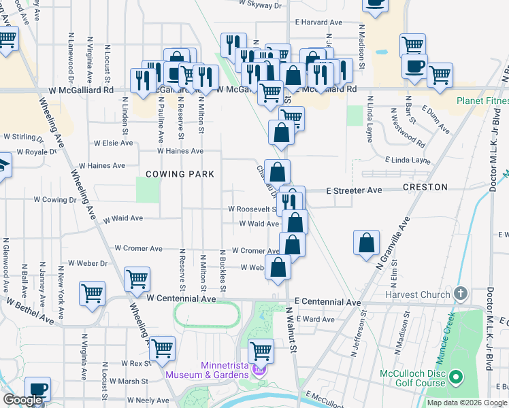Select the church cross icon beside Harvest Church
point(461,294)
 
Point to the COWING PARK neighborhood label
point(179,174)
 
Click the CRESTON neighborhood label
point(425,186)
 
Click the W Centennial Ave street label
point(180,299)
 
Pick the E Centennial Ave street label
point(327,302)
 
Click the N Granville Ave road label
point(392,245)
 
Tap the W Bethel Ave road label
point(30,309)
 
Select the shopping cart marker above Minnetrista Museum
point(261,350)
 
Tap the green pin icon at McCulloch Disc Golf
point(457,375)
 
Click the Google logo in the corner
point(22,400)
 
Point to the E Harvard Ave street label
point(317,22)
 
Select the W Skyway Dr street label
point(260,5)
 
